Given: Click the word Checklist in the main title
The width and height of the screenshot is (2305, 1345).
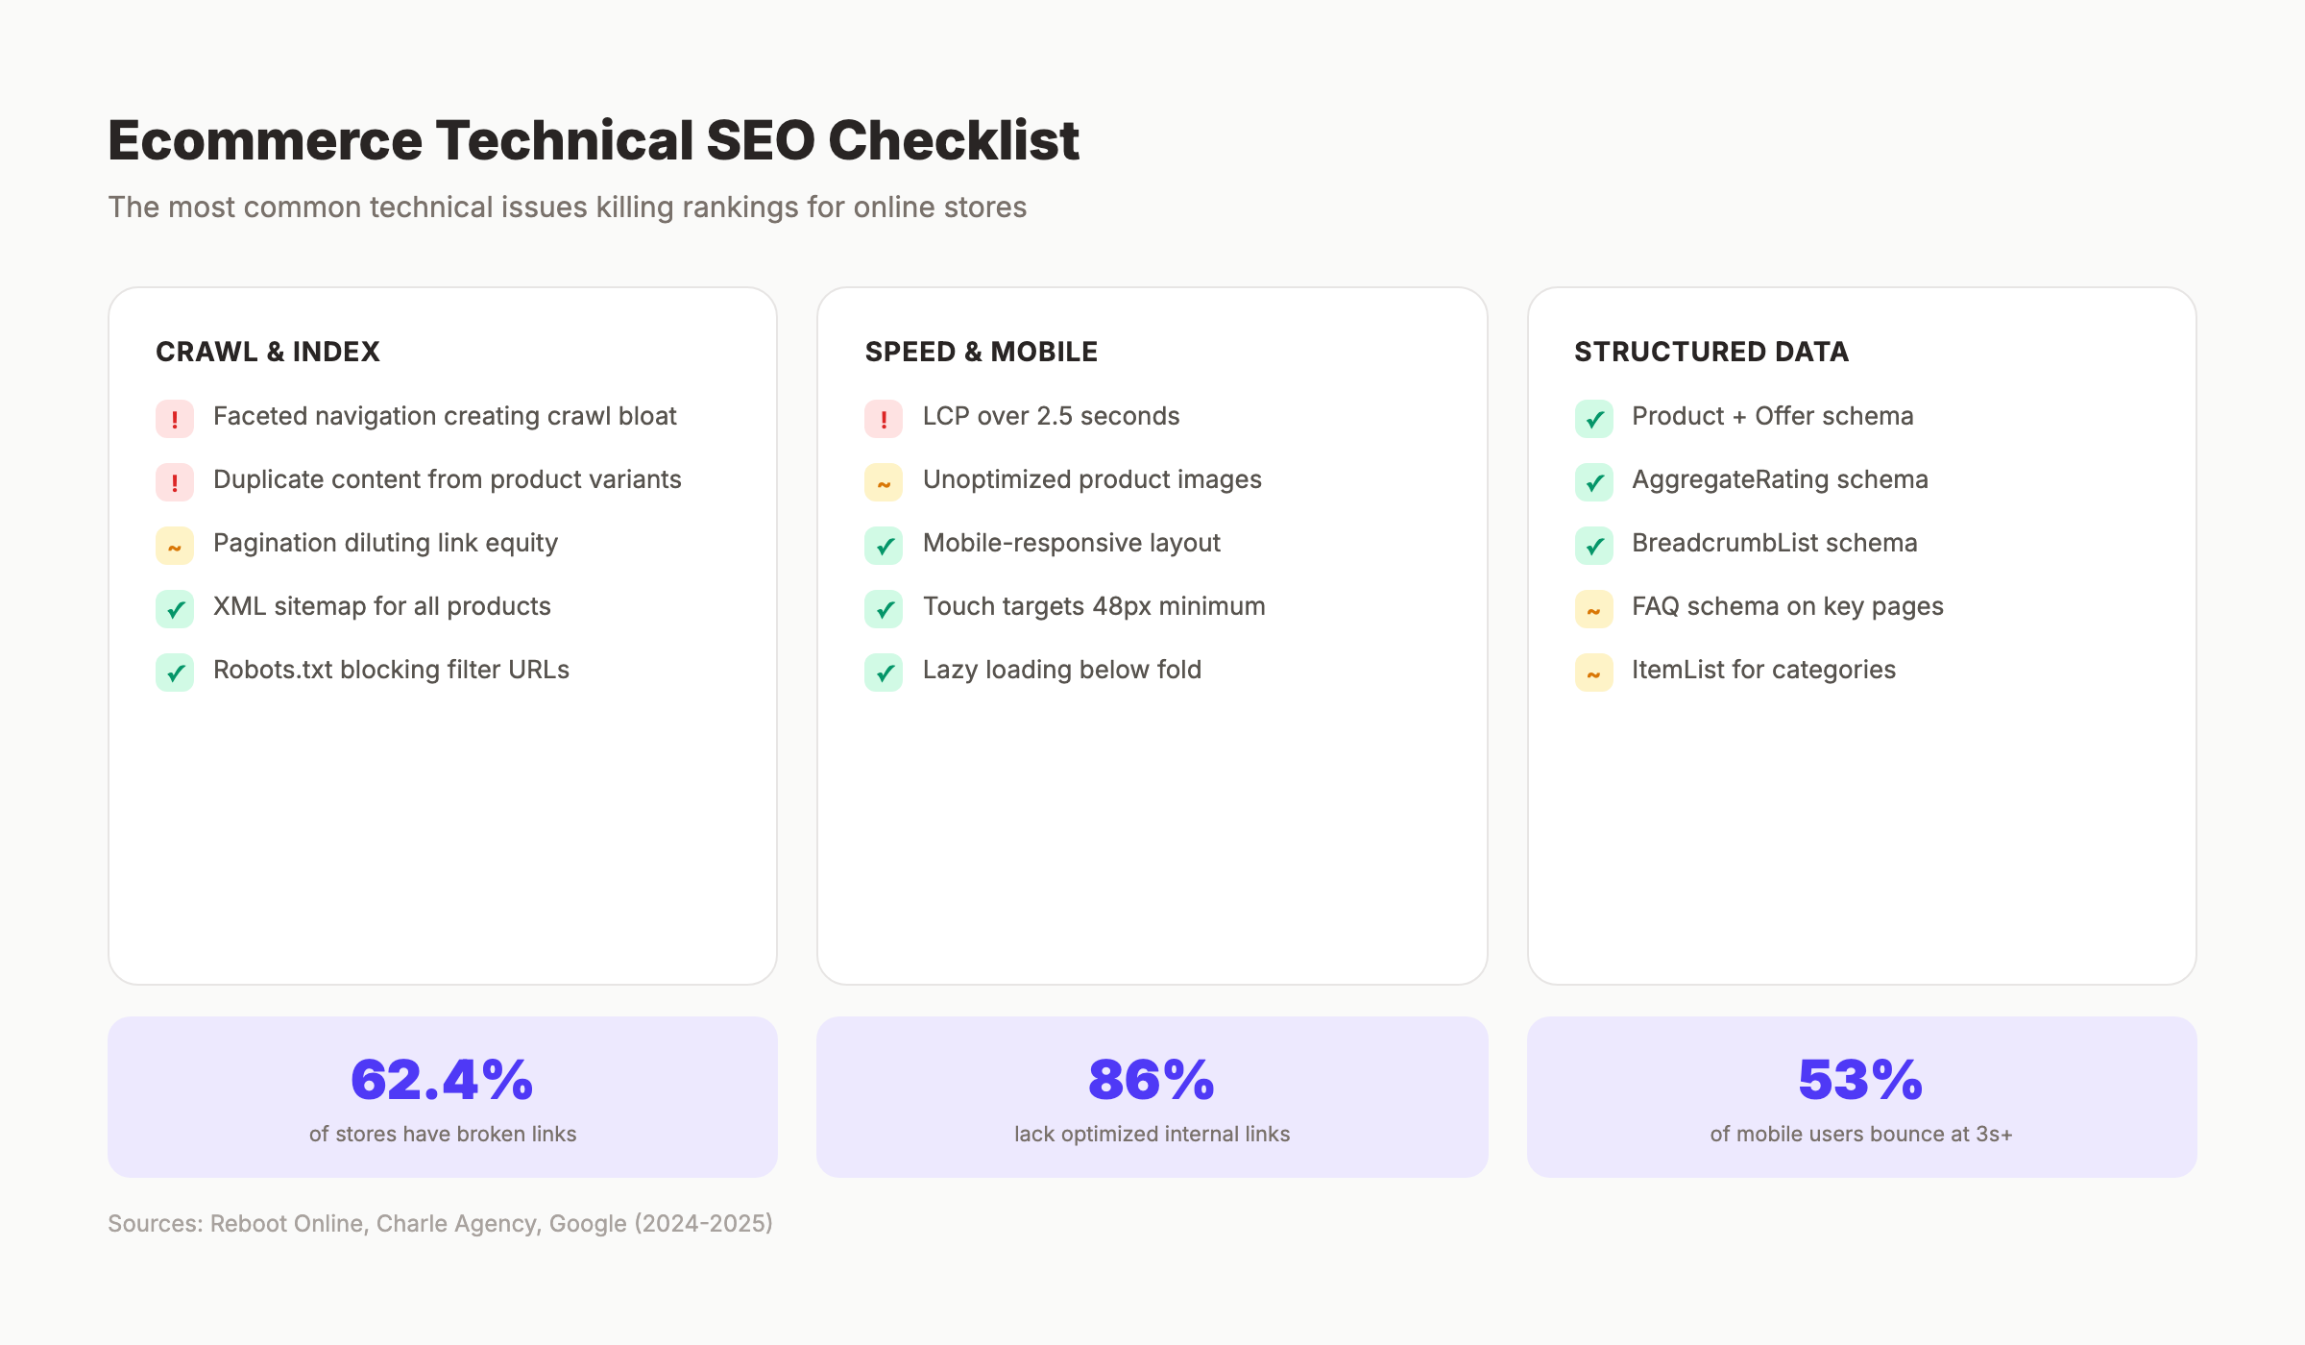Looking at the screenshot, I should (953, 140).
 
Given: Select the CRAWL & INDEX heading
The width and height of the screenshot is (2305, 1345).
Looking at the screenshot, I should (268, 352).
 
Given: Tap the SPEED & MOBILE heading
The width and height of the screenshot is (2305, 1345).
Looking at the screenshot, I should (981, 352).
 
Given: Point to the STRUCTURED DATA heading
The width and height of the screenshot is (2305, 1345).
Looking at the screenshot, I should (1711, 352).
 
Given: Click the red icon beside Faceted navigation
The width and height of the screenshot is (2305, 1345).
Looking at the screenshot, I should (175, 419).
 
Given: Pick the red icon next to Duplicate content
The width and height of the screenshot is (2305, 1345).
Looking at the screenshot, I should (175, 482).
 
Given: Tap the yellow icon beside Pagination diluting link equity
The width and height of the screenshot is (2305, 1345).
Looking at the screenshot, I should (175, 546).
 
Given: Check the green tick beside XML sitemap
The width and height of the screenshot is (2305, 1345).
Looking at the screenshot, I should (175, 609).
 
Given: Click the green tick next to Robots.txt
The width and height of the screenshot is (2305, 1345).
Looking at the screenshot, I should (175, 672).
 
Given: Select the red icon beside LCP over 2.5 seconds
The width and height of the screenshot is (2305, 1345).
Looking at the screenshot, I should (884, 419).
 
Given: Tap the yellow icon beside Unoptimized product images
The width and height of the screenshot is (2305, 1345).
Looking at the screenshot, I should (884, 482).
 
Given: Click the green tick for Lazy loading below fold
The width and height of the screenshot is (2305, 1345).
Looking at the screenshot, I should (884, 672).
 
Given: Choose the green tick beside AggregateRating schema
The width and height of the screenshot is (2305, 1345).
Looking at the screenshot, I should (1594, 482).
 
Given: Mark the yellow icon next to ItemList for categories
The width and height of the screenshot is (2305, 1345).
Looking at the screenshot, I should (1594, 672).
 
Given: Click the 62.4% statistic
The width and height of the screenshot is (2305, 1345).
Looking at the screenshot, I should (442, 1080).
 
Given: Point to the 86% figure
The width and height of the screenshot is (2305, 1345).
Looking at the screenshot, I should (1152, 1080).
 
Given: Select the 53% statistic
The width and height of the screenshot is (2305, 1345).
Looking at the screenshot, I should (1860, 1080).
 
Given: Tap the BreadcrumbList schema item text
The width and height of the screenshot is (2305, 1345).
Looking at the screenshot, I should (1774, 543).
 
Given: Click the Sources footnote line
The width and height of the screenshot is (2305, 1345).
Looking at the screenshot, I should (440, 1223).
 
